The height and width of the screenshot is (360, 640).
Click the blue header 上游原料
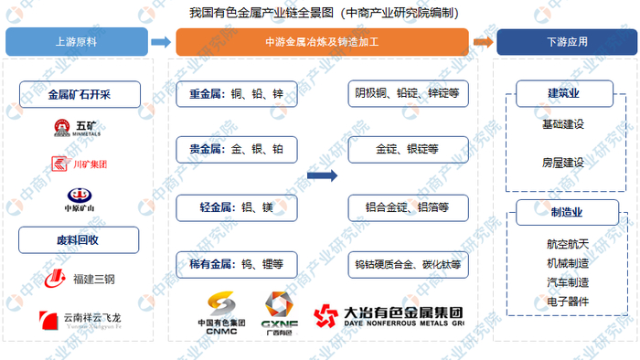point(78,41)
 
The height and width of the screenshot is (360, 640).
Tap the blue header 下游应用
point(563,41)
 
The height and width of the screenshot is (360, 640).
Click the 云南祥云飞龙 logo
point(78,320)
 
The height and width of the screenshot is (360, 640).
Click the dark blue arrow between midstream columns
point(321,175)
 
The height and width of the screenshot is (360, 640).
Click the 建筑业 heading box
point(564,93)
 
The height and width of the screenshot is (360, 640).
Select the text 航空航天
point(564,244)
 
